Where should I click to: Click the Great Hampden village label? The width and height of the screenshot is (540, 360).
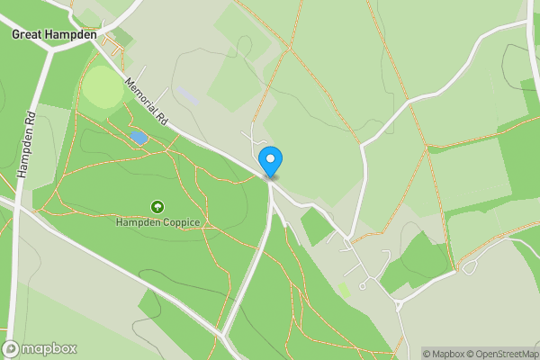point(54,34)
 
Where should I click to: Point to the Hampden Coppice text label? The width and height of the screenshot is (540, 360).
point(157,221)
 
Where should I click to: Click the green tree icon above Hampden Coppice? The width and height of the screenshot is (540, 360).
point(157,207)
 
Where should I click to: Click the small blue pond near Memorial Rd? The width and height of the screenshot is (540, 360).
point(139,137)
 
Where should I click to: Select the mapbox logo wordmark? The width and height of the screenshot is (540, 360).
point(49,348)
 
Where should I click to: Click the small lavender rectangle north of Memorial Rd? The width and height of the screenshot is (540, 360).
point(185,94)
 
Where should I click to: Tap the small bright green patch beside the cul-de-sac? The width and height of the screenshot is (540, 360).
point(343,290)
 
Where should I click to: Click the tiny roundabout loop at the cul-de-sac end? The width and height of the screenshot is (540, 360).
point(362,286)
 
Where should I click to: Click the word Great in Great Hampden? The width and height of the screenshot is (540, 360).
point(27,34)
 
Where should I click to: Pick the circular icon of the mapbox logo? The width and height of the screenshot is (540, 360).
point(12,348)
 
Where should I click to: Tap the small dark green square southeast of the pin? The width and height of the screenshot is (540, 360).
point(316,227)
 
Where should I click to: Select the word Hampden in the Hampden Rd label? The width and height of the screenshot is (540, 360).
point(24,156)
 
